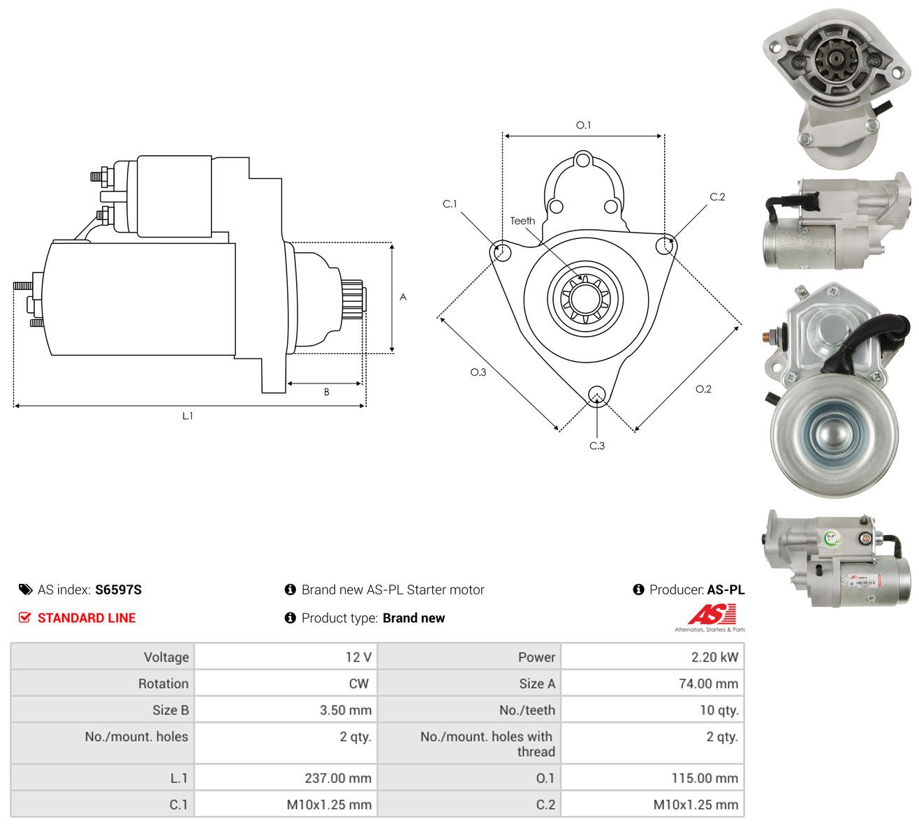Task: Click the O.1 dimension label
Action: [583, 125]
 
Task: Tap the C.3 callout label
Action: [597, 446]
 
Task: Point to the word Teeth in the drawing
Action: [523, 221]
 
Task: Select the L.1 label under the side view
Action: [188, 416]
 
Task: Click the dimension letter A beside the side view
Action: [403, 297]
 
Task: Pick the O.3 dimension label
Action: [478, 372]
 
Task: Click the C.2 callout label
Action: [717, 197]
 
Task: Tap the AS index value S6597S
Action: [118, 590]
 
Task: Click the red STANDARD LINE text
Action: [87, 618]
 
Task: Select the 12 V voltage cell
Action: [358, 657]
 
